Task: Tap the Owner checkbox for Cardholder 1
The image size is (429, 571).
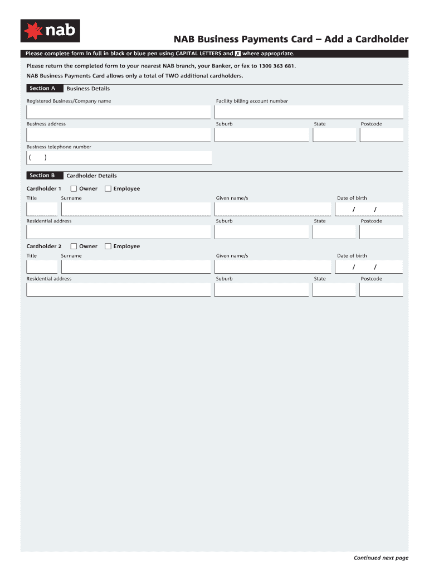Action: click(74, 188)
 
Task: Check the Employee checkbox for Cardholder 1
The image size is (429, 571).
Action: click(108, 188)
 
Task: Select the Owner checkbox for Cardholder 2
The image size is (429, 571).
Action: click(74, 246)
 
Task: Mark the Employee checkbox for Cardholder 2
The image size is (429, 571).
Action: click(108, 246)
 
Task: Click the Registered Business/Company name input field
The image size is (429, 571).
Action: click(118, 112)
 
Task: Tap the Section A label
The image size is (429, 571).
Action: click(42, 89)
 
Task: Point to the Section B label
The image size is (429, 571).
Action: click(42, 176)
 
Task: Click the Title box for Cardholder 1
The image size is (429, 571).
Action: click(42, 209)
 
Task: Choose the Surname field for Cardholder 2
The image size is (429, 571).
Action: click(135, 267)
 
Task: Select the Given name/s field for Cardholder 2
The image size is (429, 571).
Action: click(272, 267)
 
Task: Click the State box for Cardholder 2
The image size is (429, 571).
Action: click(334, 289)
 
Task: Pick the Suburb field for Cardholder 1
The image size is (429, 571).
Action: click(261, 232)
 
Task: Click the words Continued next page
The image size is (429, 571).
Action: click(381, 558)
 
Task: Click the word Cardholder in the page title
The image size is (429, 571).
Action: click(379, 39)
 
